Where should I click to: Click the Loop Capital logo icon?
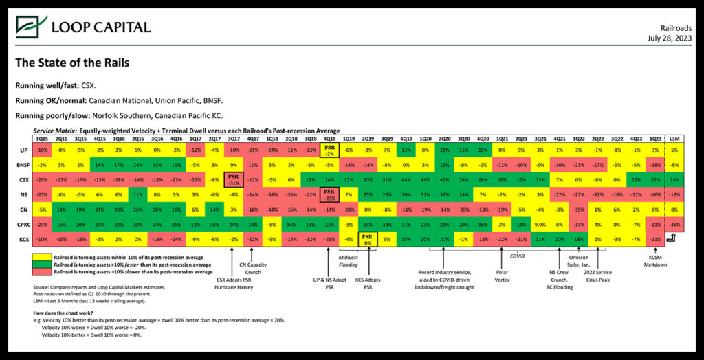tap(30, 27)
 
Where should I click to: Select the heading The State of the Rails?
tap(72, 63)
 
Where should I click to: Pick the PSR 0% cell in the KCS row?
tap(367, 238)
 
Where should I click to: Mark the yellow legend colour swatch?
tap(50, 256)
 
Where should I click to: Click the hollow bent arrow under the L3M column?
tap(673, 239)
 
